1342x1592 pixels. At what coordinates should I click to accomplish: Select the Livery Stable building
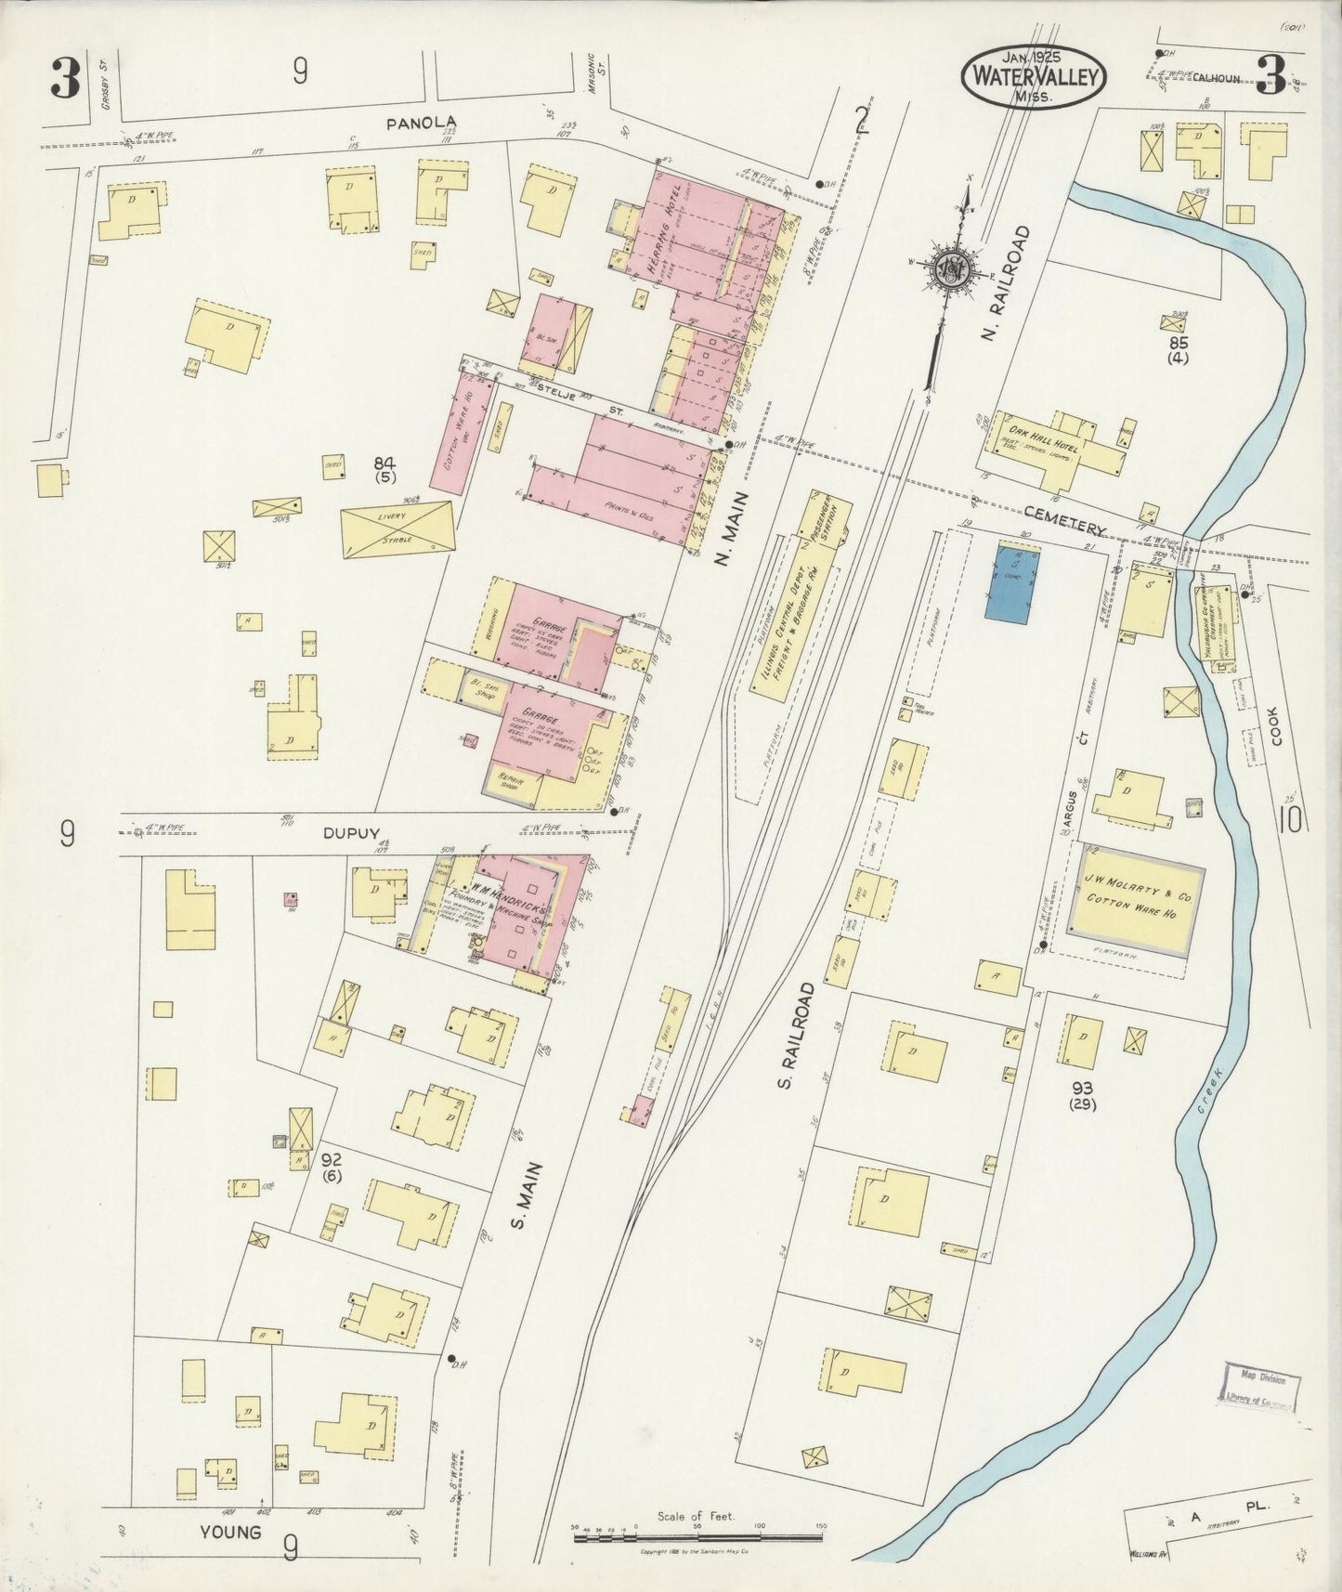(x=397, y=529)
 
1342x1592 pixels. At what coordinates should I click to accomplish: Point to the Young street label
(x=229, y=1532)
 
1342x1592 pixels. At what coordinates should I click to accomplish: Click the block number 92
(x=330, y=1160)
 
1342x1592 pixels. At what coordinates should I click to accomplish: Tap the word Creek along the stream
(x=1209, y=1086)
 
